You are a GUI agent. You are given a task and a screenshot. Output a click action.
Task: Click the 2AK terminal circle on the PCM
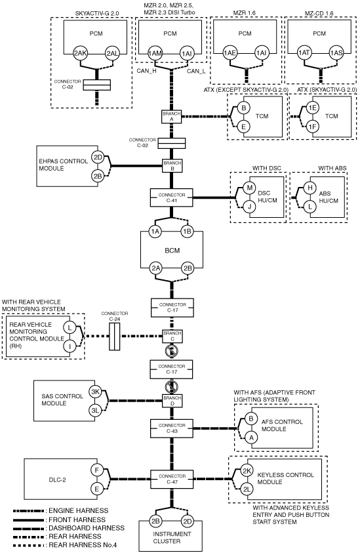point(81,54)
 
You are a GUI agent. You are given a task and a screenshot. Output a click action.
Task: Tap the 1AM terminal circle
point(155,54)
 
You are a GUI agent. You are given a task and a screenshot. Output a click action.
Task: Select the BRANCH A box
point(172,117)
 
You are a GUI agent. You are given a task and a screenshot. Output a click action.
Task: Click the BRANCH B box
point(172,166)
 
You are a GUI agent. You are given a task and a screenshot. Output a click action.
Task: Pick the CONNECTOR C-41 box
point(172,197)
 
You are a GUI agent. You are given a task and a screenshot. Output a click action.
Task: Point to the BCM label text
point(172,251)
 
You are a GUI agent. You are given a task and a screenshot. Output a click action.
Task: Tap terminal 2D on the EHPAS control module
point(98,157)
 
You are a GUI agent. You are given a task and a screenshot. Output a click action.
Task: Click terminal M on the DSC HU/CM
point(250,188)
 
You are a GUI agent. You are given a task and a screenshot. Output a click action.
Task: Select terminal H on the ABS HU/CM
point(310,188)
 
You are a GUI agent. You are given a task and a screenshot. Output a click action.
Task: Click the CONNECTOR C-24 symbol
point(114,336)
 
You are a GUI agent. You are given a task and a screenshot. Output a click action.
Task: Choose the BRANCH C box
point(172,336)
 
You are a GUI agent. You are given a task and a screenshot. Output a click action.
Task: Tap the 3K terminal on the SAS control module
point(95,392)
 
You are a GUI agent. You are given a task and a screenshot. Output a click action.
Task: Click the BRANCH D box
point(172,401)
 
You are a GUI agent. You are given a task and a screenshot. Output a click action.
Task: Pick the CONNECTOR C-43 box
point(172,428)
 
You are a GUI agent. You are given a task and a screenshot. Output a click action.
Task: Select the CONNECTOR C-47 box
point(172,479)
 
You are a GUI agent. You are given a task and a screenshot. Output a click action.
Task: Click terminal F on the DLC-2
point(96,470)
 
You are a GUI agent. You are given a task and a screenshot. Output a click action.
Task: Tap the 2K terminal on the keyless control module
point(247,471)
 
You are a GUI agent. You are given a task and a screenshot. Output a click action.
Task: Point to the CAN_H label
point(147,71)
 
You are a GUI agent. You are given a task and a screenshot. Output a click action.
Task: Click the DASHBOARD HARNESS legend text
point(87,528)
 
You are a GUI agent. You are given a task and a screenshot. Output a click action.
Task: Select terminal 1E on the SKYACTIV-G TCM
point(312,108)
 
